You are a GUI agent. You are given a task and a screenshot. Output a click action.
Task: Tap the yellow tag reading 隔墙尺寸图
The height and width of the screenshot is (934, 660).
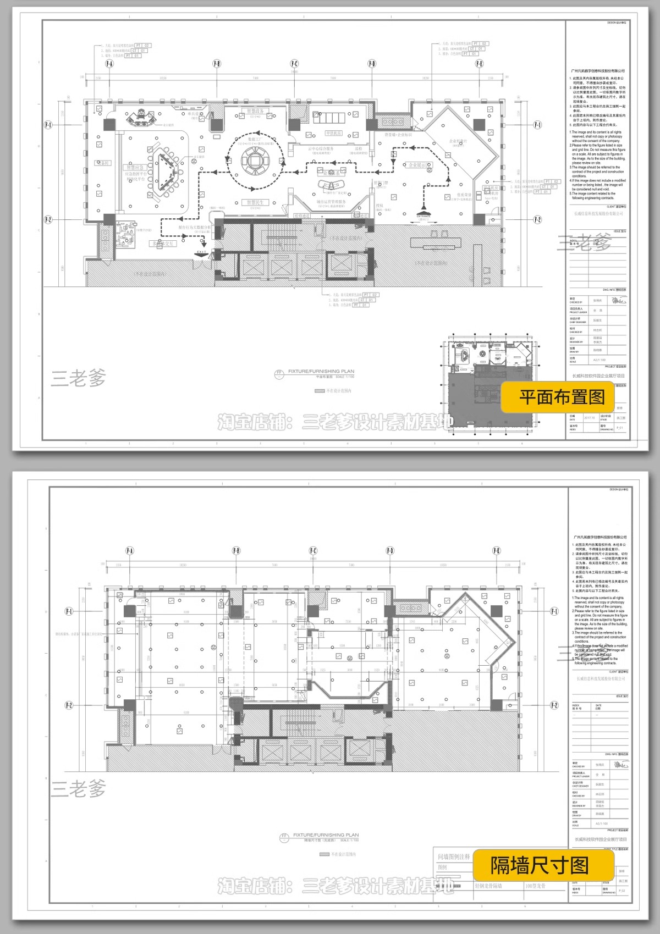(x=539, y=866)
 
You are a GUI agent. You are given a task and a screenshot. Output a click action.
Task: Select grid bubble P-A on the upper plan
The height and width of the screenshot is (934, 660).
(x=109, y=64)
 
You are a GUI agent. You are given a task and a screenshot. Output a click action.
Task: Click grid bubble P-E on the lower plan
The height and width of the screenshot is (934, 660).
(x=497, y=551)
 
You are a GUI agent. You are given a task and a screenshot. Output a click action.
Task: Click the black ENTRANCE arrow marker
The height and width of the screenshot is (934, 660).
(x=424, y=211)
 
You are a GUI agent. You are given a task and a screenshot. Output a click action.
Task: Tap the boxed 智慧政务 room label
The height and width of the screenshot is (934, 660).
(x=254, y=111)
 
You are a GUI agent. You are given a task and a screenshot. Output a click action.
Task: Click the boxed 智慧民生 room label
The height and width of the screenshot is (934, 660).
(x=254, y=202)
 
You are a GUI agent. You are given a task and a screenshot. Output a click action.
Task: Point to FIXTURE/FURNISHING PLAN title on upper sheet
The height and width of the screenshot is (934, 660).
(x=322, y=372)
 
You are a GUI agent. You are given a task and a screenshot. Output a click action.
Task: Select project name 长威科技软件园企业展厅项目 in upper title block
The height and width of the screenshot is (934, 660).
(x=599, y=376)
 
